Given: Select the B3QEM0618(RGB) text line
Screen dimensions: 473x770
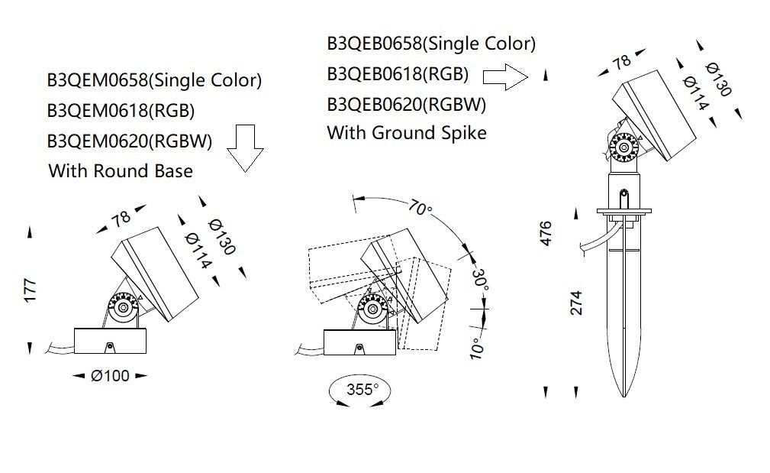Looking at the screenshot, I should [121, 111].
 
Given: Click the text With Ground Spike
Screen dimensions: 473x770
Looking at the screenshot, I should [406, 133].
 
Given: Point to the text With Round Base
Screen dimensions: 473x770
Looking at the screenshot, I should [121, 170].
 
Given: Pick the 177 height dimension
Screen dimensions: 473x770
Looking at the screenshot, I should [31, 290].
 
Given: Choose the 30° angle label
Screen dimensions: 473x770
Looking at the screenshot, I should [479, 280].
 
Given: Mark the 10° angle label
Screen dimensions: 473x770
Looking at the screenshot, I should [477, 348].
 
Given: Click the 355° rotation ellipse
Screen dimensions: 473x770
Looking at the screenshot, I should [361, 390].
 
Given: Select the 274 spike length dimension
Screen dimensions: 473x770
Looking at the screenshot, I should [576, 303].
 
